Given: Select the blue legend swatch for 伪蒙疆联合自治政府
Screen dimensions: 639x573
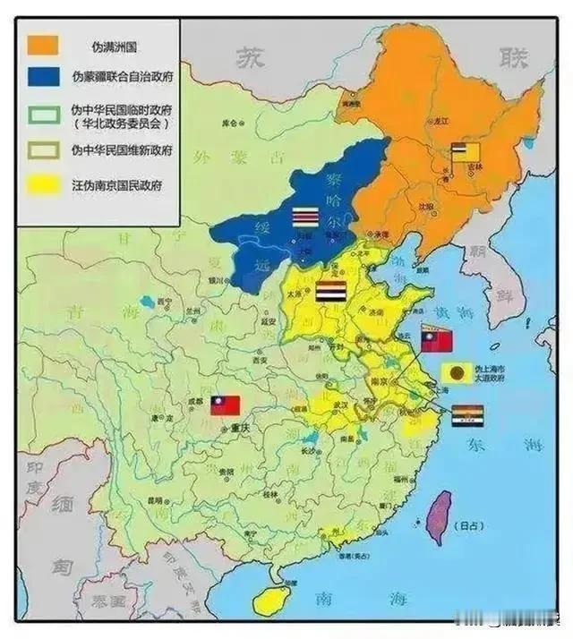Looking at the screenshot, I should coord(45,78).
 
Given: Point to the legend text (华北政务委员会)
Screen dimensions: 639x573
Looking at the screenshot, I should coord(121,124).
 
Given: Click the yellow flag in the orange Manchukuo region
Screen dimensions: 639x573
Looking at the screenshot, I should coord(466,153).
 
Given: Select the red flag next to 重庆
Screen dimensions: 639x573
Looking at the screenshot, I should coord(226,405).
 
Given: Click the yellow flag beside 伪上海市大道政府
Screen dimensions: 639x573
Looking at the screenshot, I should coord(456,373).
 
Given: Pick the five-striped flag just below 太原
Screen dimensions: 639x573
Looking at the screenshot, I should coord(330,293).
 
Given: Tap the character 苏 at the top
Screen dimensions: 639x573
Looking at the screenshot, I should coord(252,58).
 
